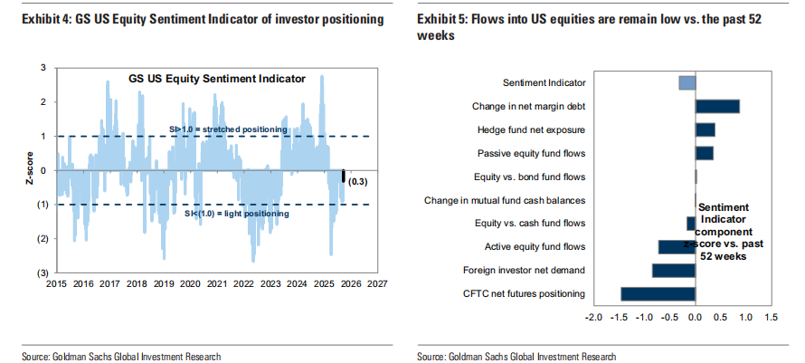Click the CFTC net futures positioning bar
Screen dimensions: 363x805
click(658, 293)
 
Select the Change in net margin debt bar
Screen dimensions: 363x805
click(717, 106)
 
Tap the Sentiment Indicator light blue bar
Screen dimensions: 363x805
click(687, 83)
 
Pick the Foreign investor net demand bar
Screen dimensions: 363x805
click(673, 270)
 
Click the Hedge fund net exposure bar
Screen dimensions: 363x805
click(705, 129)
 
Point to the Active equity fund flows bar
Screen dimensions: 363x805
click(677, 246)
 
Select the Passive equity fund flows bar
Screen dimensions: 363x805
click(704, 153)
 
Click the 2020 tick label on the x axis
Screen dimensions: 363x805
click(190, 282)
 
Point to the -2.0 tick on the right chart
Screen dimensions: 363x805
click(593, 318)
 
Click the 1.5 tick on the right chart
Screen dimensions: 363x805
click(771, 318)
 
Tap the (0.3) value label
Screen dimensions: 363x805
click(360, 183)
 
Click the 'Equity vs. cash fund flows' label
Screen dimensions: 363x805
click(530, 223)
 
